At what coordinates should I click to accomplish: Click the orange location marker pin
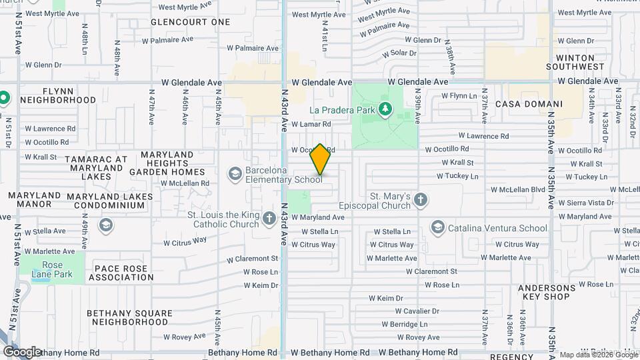pos(320,159)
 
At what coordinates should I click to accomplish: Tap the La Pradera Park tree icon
pos(385,109)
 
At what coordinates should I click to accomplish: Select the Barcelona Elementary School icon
pos(235,174)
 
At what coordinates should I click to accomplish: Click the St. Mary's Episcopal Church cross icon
pos(420,199)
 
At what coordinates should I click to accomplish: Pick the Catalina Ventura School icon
pos(437,228)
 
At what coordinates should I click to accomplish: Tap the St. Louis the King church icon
pos(269,219)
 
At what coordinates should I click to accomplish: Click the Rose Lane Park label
pos(52,265)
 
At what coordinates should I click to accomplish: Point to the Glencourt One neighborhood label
pos(190,22)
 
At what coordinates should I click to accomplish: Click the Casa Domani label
pos(539,104)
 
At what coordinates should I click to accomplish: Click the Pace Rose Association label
pos(121,272)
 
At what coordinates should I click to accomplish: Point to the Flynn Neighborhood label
pos(58,95)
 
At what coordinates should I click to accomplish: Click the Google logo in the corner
pos(21,351)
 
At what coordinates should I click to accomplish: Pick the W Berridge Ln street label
pos(405,324)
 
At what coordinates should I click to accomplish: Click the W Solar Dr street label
pos(399,53)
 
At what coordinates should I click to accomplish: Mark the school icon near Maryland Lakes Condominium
pos(105,225)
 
